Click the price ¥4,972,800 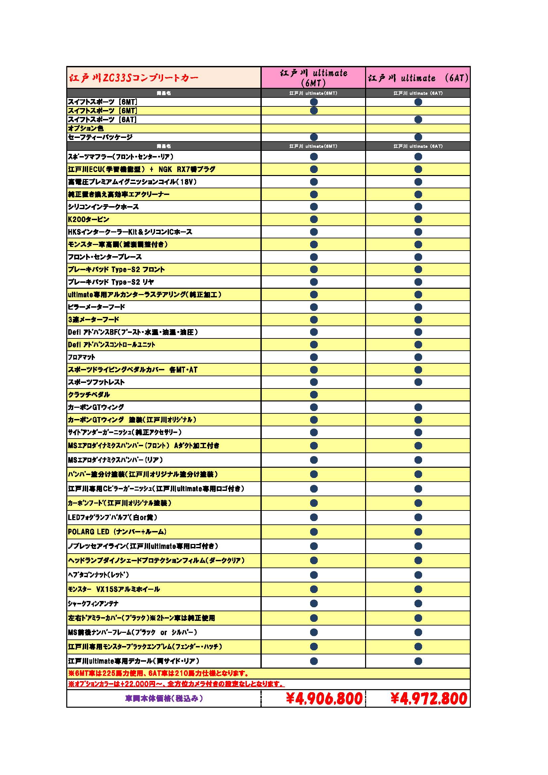click(428, 699)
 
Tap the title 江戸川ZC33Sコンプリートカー click(134, 78)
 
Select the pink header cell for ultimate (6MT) click(313, 78)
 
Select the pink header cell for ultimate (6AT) click(418, 78)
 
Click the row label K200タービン click(89, 219)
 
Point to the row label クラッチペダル click(89, 394)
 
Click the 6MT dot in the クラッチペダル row click(314, 394)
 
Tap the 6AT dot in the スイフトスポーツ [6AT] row click(418, 119)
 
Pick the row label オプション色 click(86, 128)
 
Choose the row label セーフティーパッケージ click(100, 137)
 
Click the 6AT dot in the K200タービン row click(418, 219)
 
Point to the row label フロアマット click(82, 357)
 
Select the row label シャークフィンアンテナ click(93, 604)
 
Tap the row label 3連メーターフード click(93, 320)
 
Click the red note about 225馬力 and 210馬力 click(159, 673)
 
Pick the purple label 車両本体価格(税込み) click(164, 698)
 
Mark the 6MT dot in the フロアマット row click(314, 357)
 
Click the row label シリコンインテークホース click(103, 207)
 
